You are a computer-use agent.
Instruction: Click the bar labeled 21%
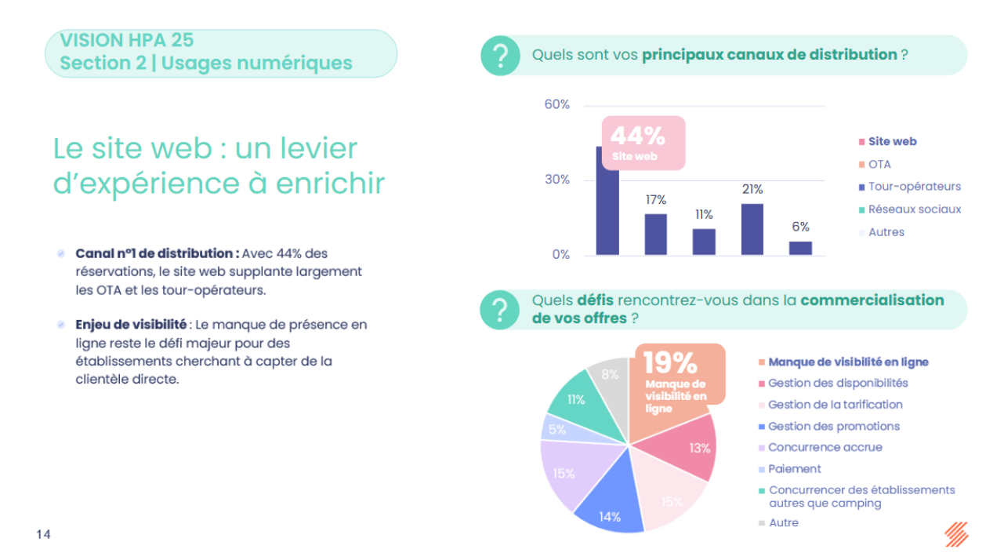(752, 229)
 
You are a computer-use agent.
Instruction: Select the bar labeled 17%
(656, 234)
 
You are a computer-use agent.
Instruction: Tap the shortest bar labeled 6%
(800, 248)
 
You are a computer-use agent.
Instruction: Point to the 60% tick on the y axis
(556, 105)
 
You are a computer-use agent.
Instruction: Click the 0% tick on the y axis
(560, 255)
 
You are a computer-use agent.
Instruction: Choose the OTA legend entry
(879, 165)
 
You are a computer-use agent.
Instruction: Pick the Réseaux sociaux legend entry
(914, 209)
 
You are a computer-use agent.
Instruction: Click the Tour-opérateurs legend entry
(914, 187)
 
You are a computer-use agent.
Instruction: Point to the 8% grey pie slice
(610, 376)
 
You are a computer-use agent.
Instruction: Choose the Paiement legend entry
(794, 469)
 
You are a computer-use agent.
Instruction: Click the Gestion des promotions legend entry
(833, 427)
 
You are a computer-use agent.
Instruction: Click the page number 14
(43, 535)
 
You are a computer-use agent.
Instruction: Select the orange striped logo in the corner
(956, 534)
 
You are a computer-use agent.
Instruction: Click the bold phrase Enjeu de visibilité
(131, 325)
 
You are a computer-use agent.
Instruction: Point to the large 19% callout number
(670, 362)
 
